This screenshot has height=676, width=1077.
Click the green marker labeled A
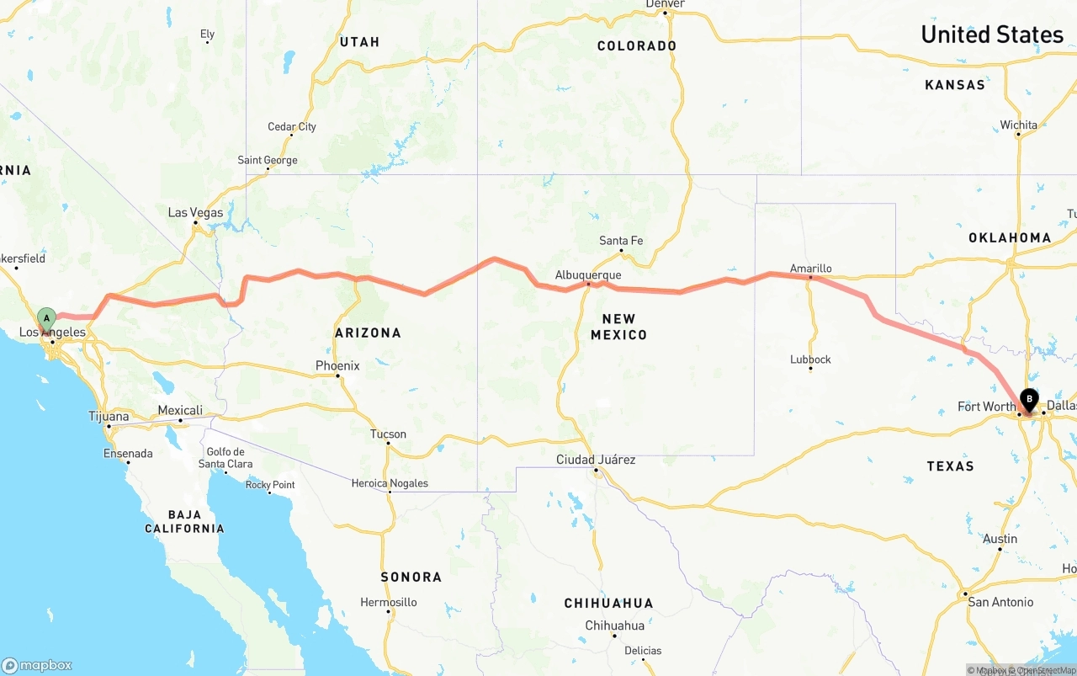point(46,319)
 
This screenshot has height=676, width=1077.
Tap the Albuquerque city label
point(588,275)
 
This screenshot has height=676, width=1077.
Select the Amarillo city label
point(810,269)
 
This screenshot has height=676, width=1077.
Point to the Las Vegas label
point(195,212)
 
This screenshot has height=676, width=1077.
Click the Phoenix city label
point(337,365)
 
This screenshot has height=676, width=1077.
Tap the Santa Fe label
point(621,241)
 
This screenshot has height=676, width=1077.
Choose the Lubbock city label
point(810,359)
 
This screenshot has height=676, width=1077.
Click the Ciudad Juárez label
point(596,460)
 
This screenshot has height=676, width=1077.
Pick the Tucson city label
point(388,434)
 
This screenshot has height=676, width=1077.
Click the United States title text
point(992,35)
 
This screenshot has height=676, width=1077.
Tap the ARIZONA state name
point(368,333)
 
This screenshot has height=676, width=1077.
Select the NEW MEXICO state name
point(618,327)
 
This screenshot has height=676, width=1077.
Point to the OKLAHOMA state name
point(1010,237)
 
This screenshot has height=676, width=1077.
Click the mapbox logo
point(37,665)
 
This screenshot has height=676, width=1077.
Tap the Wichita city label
point(1018,125)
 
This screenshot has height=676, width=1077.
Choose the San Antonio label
point(1000,602)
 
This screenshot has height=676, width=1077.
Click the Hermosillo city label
point(389,602)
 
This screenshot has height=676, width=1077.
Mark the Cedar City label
point(292,127)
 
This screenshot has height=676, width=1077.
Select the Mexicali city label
point(180,410)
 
